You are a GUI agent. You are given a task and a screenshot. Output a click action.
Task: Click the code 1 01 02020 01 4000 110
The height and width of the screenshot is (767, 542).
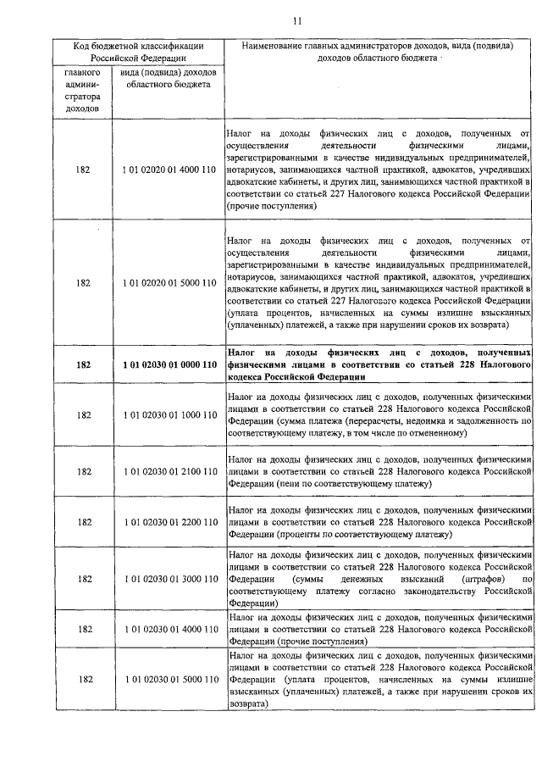point(169,170)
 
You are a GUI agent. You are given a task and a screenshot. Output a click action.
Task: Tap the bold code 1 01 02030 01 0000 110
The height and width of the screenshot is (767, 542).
point(169,364)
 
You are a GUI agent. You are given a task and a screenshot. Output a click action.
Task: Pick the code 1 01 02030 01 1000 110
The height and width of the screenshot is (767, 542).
point(169,415)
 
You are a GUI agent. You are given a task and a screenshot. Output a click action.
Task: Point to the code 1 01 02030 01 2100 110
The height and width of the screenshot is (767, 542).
point(169,471)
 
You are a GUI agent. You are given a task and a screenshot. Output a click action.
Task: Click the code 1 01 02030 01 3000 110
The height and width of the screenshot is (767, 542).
point(169,579)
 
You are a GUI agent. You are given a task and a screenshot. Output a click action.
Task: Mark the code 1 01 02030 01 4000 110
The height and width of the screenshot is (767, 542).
point(169,630)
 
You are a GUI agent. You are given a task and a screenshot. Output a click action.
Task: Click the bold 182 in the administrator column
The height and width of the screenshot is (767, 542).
point(83,364)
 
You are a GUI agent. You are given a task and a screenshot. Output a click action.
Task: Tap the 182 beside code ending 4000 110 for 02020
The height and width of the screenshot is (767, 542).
point(83,170)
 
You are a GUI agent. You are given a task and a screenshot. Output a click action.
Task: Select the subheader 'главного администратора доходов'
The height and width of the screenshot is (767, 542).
point(83,91)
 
